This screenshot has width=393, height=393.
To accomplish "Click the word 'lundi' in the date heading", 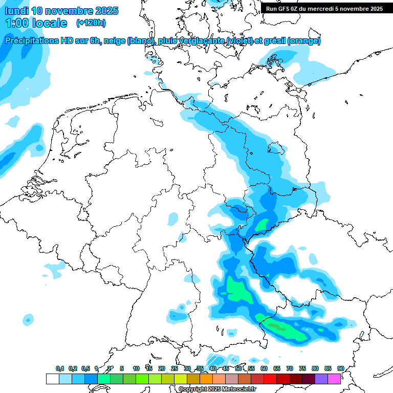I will pyautogui.click(x=16, y=11).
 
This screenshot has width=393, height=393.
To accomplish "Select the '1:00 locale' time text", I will pyautogui.click(x=36, y=23).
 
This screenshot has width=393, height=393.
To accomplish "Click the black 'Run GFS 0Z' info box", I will pyautogui.click(x=324, y=9).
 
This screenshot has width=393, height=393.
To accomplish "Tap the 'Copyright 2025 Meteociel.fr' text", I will pyautogui.click(x=217, y=389).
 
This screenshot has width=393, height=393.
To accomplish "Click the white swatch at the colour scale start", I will pyautogui.click(x=52, y=379).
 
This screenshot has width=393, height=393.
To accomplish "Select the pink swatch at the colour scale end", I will pyautogui.click(x=334, y=379).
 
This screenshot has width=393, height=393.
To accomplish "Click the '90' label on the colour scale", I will pyautogui.click(x=340, y=368).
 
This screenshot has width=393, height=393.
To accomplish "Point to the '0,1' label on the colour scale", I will pyautogui.click(x=60, y=368).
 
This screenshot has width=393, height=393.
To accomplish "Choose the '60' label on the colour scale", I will pyautogui.click(x=264, y=368).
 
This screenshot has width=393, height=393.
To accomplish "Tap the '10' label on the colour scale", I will pyautogui.click(x=136, y=368).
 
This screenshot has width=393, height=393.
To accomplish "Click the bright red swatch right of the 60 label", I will pyautogui.click(x=270, y=379).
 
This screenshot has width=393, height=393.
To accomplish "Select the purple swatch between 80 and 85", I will pyautogui.click(x=321, y=379).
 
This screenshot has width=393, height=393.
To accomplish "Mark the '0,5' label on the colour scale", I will pyautogui.click(x=85, y=368).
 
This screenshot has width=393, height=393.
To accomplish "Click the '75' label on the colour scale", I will pyautogui.click(x=302, y=368).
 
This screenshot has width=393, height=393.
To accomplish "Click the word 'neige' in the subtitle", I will pyautogui.click(x=115, y=41).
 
